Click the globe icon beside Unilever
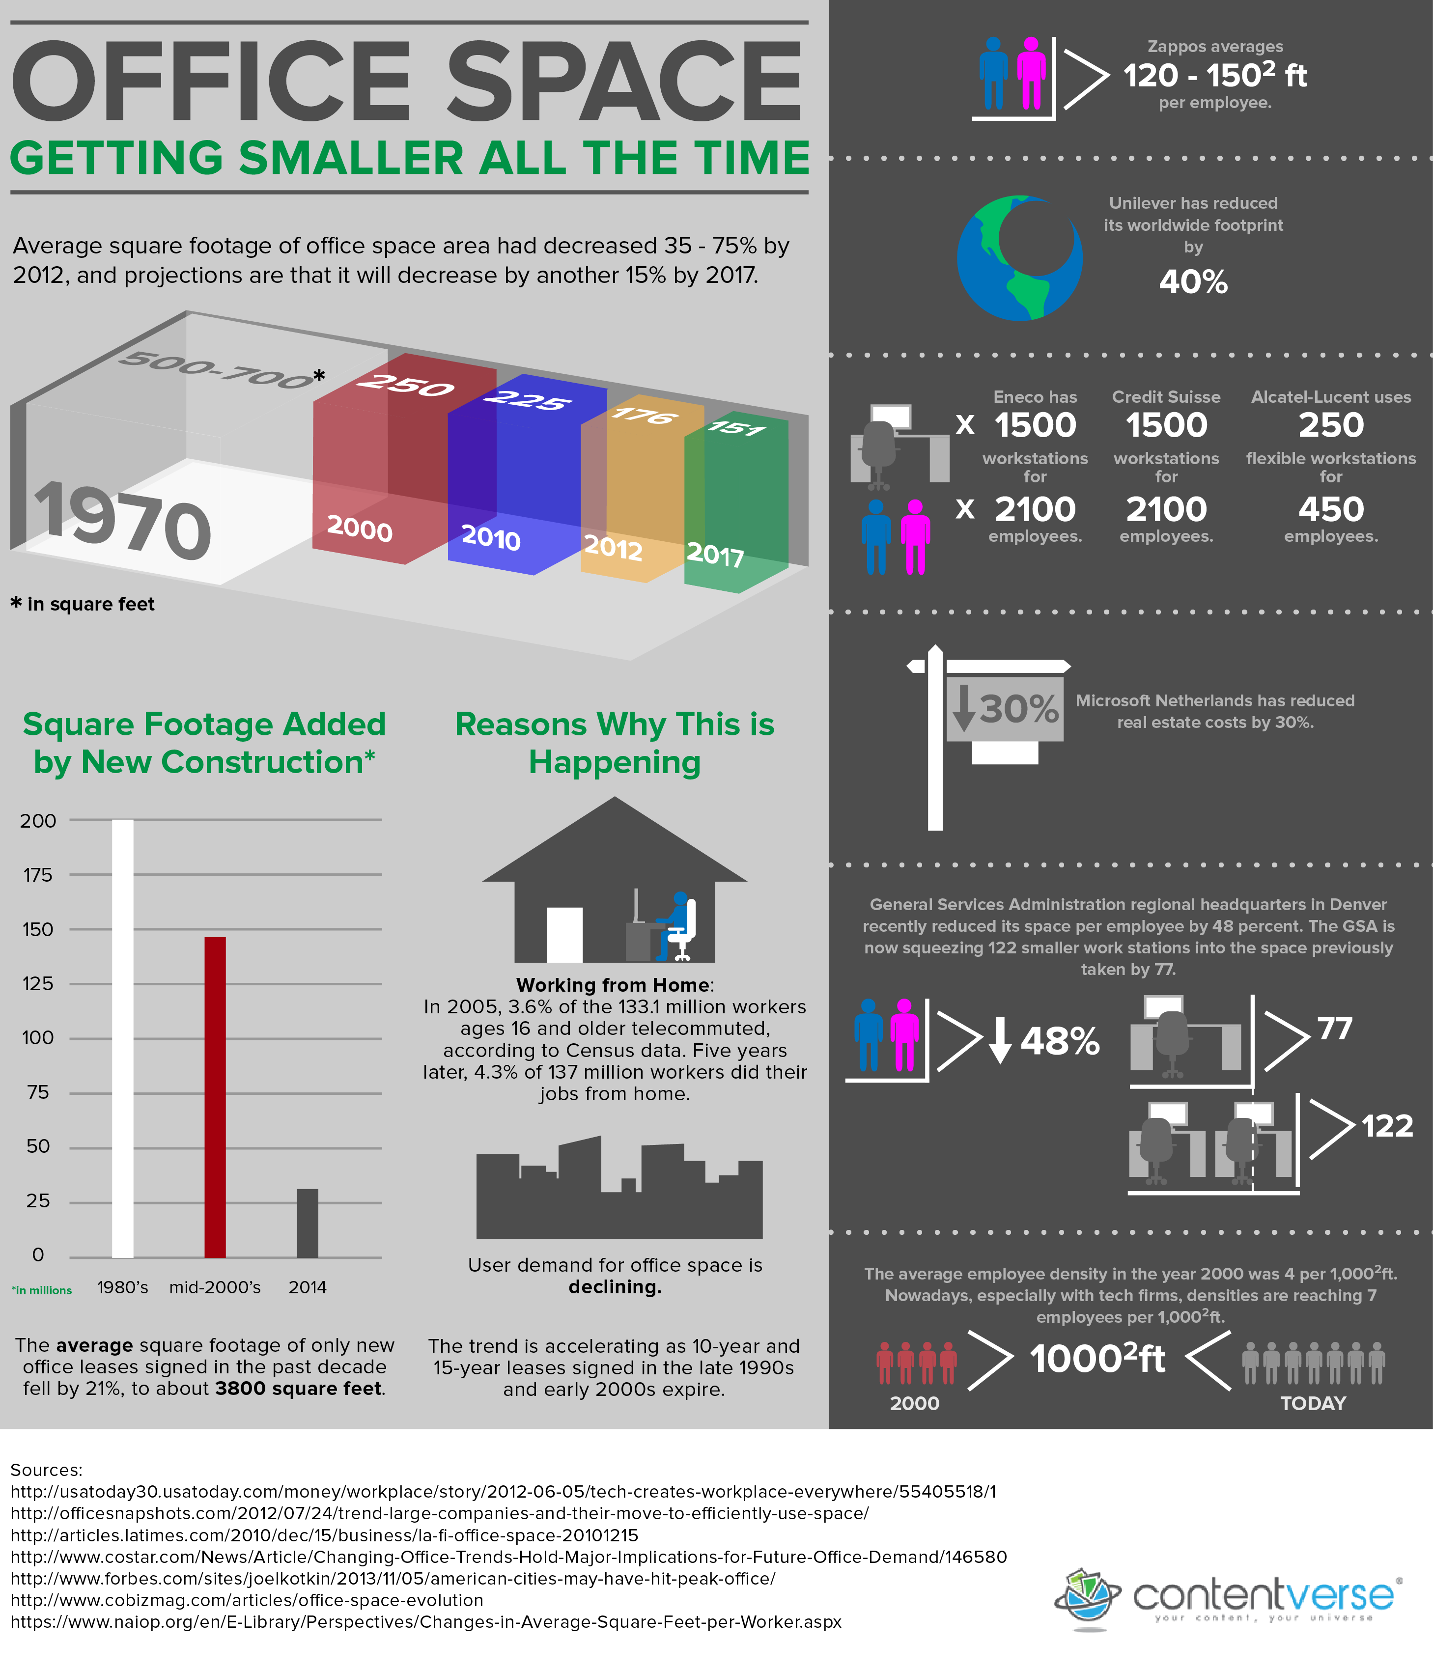click(x=1019, y=257)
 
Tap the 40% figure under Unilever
click(x=1193, y=282)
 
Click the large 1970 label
click(x=121, y=520)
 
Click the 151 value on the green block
click(x=736, y=427)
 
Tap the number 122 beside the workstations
click(x=1387, y=1126)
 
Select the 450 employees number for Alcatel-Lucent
click(x=1331, y=510)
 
